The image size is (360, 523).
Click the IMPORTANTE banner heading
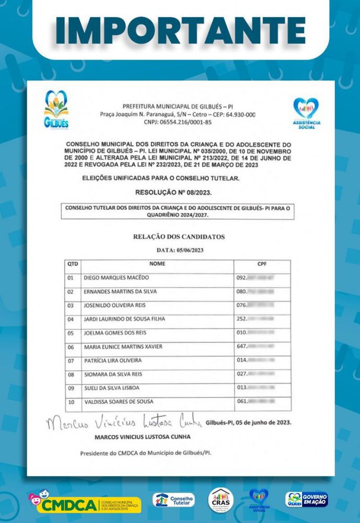(180, 30)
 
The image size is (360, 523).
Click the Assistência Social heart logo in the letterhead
(306, 113)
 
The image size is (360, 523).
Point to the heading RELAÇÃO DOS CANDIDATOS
(179, 237)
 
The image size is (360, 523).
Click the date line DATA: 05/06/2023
(179, 251)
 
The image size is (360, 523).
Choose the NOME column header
(157, 264)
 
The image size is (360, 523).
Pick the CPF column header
(262, 264)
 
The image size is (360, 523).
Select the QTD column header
(73, 264)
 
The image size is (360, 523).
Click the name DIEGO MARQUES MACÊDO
(116, 278)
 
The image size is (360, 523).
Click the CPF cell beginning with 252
(256, 319)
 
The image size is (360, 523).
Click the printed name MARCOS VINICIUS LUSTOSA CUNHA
(142, 437)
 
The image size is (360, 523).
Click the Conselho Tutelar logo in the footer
(174, 500)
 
